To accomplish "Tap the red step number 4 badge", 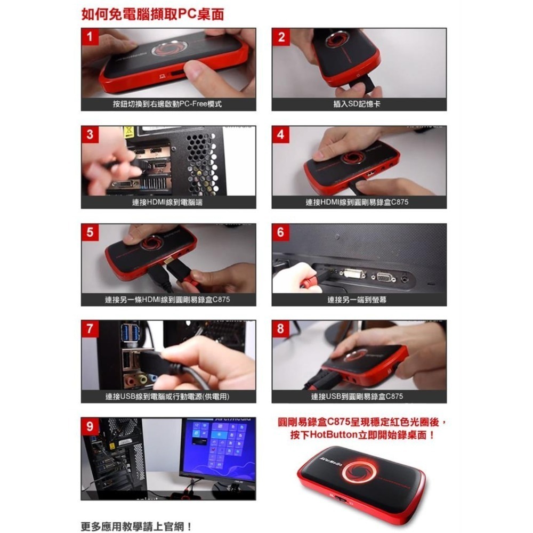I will pyautogui.click(x=281, y=135).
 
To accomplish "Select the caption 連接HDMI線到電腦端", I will pyautogui.click(x=167, y=202).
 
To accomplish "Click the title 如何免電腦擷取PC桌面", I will pyautogui.click(x=152, y=14).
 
